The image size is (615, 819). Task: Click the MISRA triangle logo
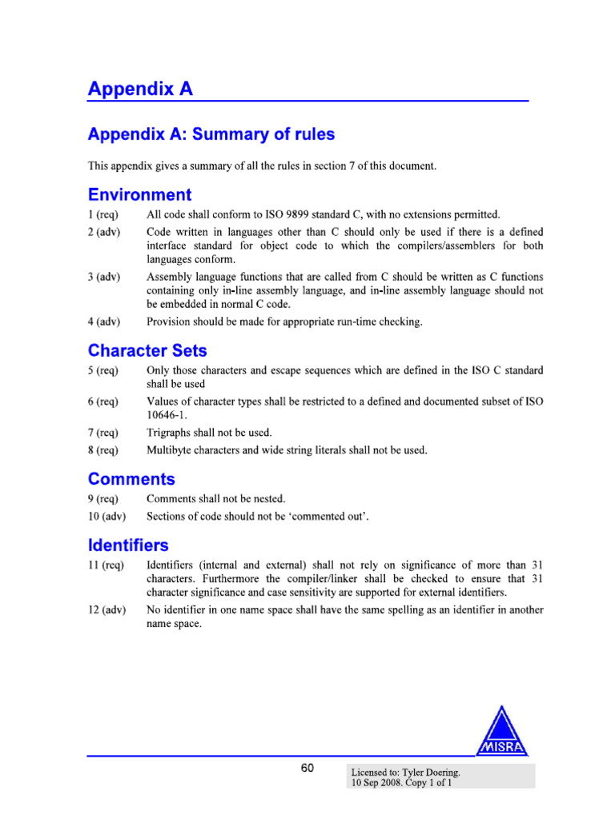tap(502, 732)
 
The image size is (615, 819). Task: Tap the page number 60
tap(307, 769)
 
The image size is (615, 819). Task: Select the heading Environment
tap(139, 194)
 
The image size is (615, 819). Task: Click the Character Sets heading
tap(147, 350)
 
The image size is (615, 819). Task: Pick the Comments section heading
tap(131, 479)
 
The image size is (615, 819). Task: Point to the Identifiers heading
tap(128, 545)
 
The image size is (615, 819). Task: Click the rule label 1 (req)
tap(103, 214)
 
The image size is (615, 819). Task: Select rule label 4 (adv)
tap(104, 322)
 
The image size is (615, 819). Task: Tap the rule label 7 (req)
tap(103, 433)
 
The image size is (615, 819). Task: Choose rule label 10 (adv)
tap(107, 517)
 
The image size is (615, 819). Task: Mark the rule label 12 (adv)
tap(107, 610)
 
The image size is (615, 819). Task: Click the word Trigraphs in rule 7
tap(171, 433)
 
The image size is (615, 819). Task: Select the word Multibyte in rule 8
tap(171, 450)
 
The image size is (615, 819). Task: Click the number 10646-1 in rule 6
tap(166, 415)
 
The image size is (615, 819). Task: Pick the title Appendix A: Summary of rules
tap(211, 134)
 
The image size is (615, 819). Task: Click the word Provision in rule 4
tap(171, 322)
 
